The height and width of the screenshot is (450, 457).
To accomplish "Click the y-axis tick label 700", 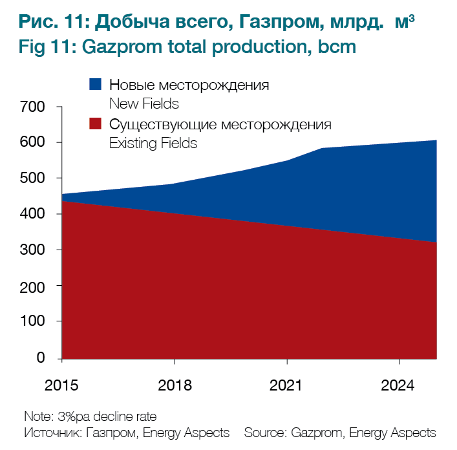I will pyautogui.click(x=32, y=107).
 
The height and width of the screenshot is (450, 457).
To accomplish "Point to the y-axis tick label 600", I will pyautogui.click(x=32, y=142).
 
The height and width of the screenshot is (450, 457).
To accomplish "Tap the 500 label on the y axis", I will pyautogui.click(x=32, y=178).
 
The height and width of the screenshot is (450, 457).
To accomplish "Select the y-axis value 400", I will pyautogui.click(x=32, y=214).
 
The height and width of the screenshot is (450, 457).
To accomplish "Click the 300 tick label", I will pyautogui.click(x=32, y=250).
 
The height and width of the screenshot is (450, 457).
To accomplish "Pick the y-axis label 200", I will pyautogui.click(x=32, y=286).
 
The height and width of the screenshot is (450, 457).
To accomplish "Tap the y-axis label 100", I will pyautogui.click(x=32, y=322).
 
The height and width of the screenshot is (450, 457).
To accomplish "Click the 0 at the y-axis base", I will pyautogui.click(x=40, y=358).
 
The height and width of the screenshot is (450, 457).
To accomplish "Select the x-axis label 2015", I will pyautogui.click(x=62, y=385).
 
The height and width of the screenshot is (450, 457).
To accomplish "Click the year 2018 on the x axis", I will pyautogui.click(x=175, y=385).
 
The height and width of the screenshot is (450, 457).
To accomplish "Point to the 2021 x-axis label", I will pyautogui.click(x=287, y=385).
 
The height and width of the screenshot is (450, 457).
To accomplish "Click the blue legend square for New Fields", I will pyautogui.click(x=95, y=84).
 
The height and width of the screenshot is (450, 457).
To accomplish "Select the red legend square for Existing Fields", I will pyautogui.click(x=95, y=124).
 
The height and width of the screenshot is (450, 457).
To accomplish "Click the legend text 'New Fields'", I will pyautogui.click(x=144, y=103).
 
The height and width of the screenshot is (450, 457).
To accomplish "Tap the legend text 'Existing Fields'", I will pyautogui.click(x=153, y=144).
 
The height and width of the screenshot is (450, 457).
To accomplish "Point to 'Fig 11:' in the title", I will pyautogui.click(x=46, y=48).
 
